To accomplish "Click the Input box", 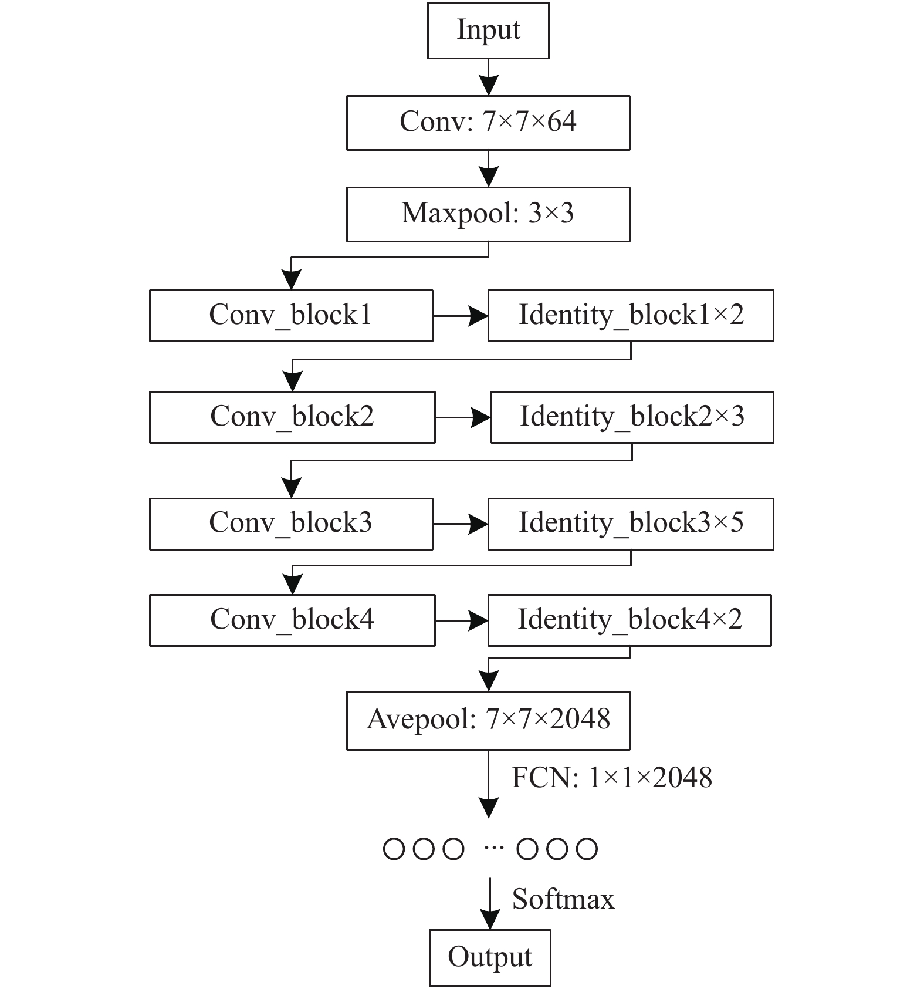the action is [x=488, y=31].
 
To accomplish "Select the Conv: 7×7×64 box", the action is [x=488, y=123].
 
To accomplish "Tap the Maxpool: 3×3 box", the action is [x=488, y=214].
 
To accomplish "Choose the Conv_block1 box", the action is [x=291, y=315].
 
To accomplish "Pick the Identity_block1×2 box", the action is [x=631, y=315].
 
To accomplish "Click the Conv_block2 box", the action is [x=292, y=417].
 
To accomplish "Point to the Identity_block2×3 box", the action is [x=632, y=417].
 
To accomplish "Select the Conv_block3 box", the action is [x=291, y=524].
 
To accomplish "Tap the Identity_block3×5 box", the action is [x=631, y=524].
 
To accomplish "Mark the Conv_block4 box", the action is [x=292, y=620].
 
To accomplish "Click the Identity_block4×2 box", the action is [x=629, y=620].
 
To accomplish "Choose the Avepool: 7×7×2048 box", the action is [x=488, y=720].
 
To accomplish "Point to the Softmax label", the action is [x=563, y=899].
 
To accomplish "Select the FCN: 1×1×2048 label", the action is [x=612, y=777].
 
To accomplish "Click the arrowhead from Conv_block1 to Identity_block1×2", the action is [x=478, y=316].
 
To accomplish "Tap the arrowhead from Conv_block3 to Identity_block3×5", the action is [x=478, y=524].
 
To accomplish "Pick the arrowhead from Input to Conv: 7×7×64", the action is [x=488, y=85].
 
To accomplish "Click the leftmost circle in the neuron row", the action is [x=394, y=849].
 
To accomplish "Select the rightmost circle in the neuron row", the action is [x=587, y=849].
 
